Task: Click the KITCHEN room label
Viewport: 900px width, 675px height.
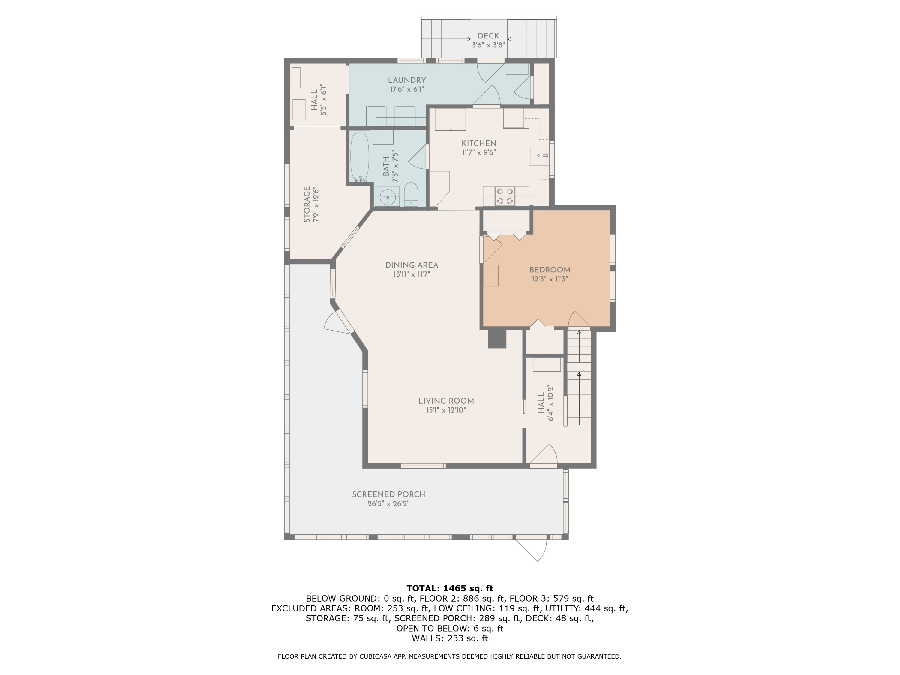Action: pyautogui.click(x=479, y=143)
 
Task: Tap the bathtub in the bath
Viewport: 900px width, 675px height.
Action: pyautogui.click(x=360, y=156)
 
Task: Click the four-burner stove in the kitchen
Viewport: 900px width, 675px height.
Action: pyautogui.click(x=505, y=196)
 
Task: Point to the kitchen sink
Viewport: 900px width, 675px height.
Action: pyautogui.click(x=539, y=155)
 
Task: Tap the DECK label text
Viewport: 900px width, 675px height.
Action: pyautogui.click(x=488, y=36)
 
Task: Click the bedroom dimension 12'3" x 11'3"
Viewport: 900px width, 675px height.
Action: pyautogui.click(x=550, y=279)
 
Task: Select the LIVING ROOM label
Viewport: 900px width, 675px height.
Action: pyautogui.click(x=446, y=401)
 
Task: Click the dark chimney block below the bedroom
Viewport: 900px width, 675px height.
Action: pyautogui.click(x=497, y=338)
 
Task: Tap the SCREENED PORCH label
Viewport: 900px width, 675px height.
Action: pyautogui.click(x=388, y=494)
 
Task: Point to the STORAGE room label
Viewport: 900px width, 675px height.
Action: pyautogui.click(x=307, y=204)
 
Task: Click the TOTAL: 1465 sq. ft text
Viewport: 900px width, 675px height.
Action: pyautogui.click(x=450, y=588)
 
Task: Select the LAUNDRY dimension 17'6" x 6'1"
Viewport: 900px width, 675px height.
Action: pyautogui.click(x=407, y=89)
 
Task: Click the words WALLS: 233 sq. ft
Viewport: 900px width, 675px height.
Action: pyautogui.click(x=450, y=638)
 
